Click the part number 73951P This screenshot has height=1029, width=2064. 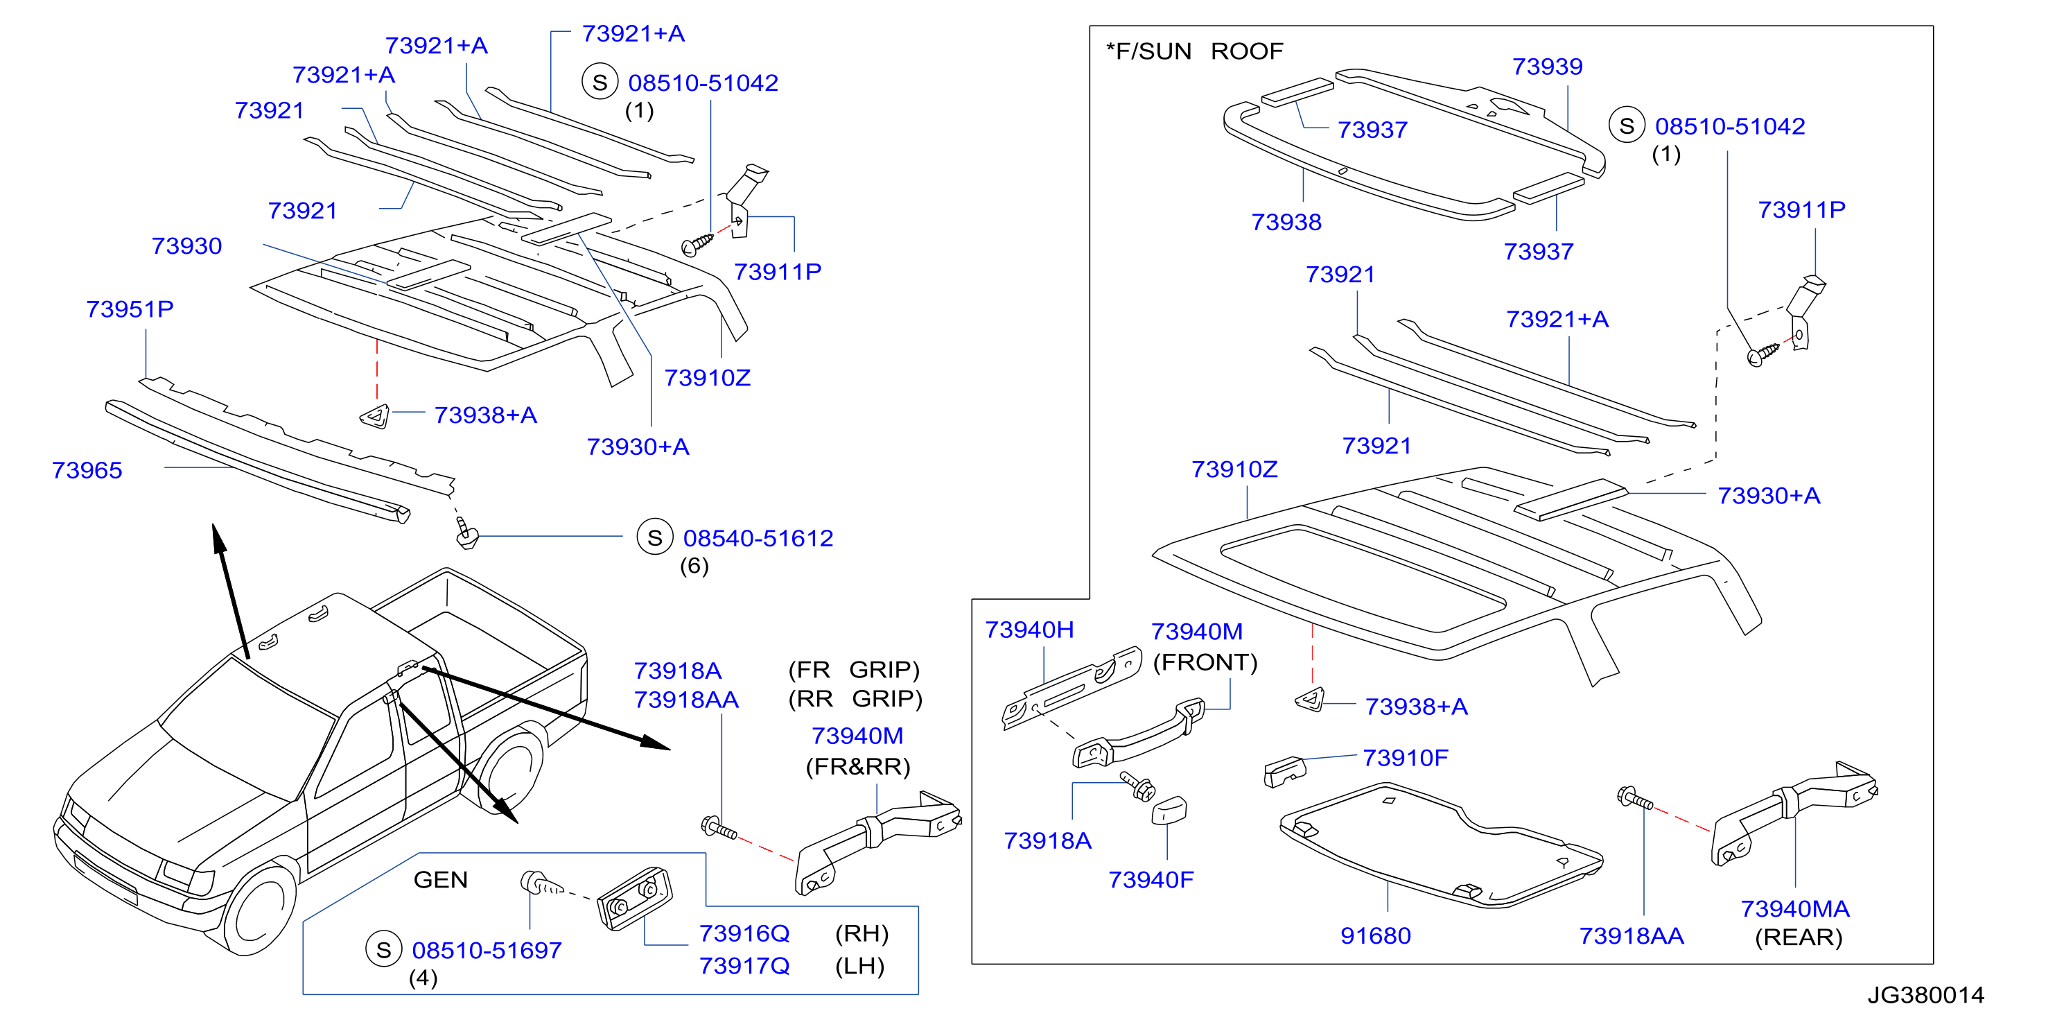click(x=130, y=309)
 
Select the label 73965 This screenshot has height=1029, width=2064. click(x=87, y=470)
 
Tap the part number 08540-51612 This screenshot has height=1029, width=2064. click(x=758, y=539)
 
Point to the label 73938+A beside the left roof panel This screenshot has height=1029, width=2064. click(x=486, y=415)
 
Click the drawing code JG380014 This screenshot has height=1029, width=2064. click(x=1926, y=995)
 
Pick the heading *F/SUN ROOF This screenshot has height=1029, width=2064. click(x=1195, y=51)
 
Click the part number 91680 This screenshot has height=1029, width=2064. click(x=1376, y=936)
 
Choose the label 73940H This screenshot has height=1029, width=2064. click(x=1030, y=630)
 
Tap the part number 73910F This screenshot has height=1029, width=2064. click(x=1406, y=758)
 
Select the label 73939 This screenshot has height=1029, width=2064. click(x=1547, y=67)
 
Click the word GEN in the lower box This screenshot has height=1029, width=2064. click(x=441, y=880)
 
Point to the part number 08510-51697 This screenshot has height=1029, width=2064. click(x=487, y=951)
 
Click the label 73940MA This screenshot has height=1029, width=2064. click(x=1796, y=909)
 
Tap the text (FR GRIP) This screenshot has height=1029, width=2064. click(x=854, y=669)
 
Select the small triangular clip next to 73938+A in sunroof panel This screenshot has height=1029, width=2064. click(x=1309, y=699)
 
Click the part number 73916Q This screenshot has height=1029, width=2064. click(x=744, y=933)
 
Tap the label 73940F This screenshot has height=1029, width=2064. click(x=1151, y=880)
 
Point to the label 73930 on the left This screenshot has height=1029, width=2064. click(x=186, y=246)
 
